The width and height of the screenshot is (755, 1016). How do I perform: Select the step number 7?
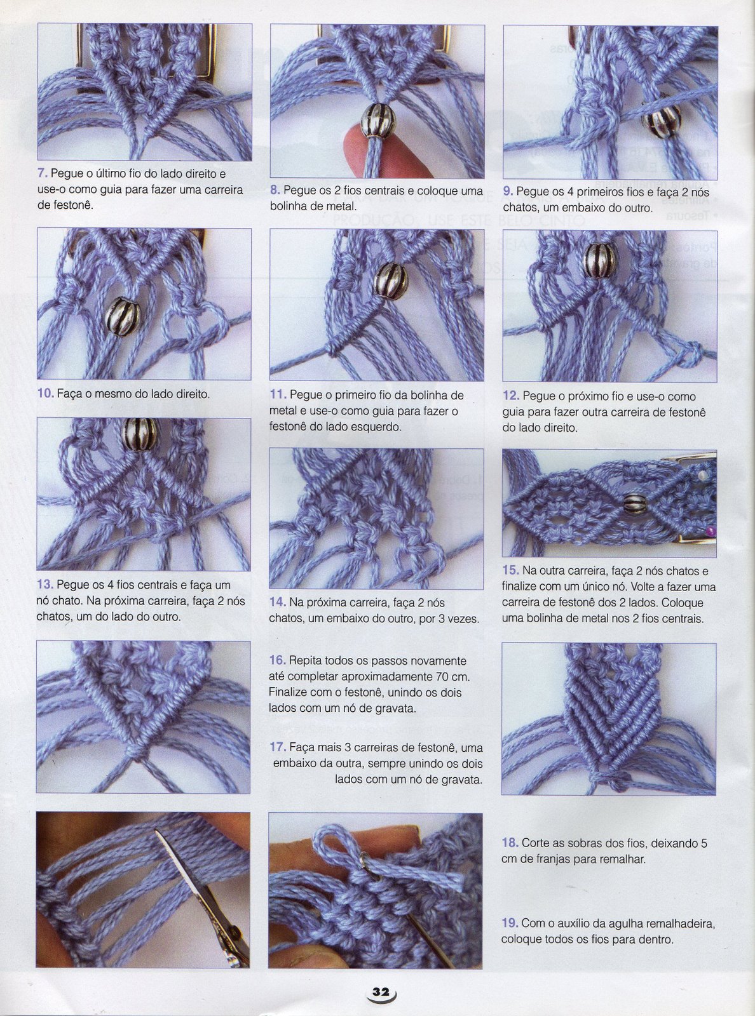(x=43, y=174)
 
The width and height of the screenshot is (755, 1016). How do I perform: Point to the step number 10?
(x=46, y=394)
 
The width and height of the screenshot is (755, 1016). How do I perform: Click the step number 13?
(x=46, y=585)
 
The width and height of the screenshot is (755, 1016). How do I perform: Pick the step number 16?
(x=278, y=660)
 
